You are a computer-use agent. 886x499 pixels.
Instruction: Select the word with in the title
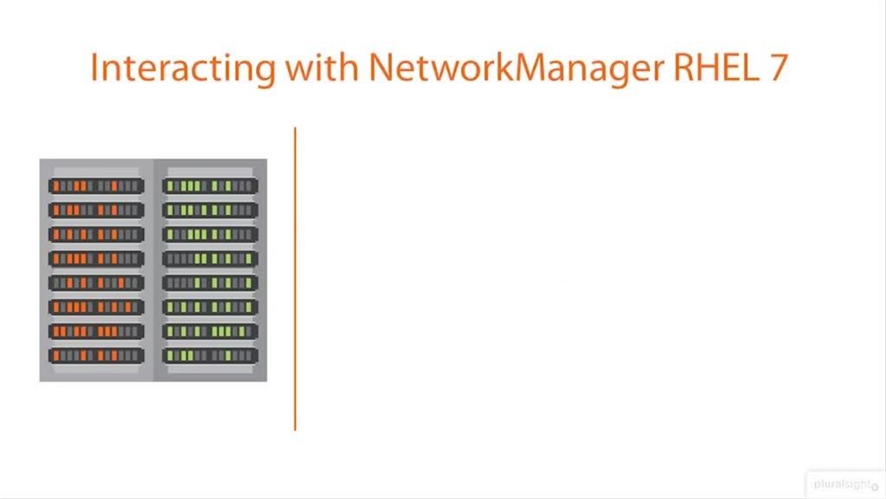tap(322, 67)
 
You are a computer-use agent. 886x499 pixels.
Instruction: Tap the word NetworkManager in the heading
tap(516, 67)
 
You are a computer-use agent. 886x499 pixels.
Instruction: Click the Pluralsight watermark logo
tap(845, 484)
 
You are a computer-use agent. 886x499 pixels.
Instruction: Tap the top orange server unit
tap(96, 186)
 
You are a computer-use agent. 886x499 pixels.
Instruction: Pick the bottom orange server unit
tap(96, 356)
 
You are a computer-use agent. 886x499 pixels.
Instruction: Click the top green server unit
tap(210, 186)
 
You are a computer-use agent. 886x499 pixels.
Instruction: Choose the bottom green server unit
tap(210, 356)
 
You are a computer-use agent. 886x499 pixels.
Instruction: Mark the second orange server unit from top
tap(96, 210)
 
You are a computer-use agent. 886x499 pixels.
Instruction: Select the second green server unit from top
tap(210, 210)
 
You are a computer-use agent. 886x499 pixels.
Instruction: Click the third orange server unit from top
tap(96, 234)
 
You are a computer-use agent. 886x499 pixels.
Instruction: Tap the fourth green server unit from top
tap(210, 259)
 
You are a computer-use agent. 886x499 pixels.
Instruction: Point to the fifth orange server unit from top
tap(96, 283)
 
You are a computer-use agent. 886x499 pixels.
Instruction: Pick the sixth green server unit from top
tap(210, 307)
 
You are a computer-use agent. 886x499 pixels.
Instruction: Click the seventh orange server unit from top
tap(96, 331)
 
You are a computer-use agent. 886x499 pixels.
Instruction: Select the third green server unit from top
tap(210, 234)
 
